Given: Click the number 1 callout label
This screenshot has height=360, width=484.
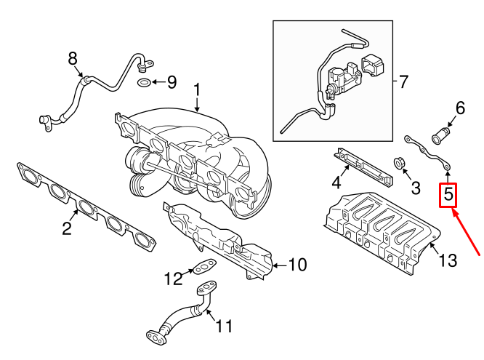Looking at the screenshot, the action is click(197, 90).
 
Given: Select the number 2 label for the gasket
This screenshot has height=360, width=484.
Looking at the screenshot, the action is click(67, 228).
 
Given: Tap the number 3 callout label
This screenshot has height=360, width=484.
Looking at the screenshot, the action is click(416, 188).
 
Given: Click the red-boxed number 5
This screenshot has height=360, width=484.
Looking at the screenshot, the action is click(448, 194).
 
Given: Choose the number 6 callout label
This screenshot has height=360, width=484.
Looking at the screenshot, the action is click(460, 108).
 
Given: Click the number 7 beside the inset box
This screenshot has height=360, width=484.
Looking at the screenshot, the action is click(403, 81).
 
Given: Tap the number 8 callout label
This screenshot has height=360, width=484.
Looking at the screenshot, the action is click(73, 58).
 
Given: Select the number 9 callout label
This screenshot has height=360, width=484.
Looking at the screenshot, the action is click(172, 82).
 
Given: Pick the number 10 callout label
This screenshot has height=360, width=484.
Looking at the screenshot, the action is click(297, 265).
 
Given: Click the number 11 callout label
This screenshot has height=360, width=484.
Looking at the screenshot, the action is click(224, 325).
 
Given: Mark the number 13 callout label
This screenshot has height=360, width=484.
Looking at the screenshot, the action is click(447, 260).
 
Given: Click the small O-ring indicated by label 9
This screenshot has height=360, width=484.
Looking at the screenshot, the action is click(144, 82).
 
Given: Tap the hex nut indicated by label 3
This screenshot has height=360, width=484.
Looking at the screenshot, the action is click(400, 164).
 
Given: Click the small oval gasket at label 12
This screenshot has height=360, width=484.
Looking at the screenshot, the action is click(203, 267).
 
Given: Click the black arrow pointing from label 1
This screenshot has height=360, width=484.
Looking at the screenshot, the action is click(198, 105).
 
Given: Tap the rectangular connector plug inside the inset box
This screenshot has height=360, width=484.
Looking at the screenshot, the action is click(374, 65).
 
